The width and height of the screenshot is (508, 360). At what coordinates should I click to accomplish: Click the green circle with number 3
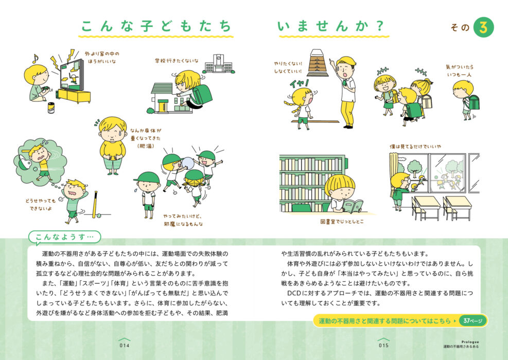tap(483, 28)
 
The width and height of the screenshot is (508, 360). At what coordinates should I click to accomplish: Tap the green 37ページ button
tap(472, 321)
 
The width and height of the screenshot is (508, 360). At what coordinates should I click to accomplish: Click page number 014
tap(125, 346)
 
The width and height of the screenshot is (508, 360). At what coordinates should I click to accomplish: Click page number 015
tap(383, 346)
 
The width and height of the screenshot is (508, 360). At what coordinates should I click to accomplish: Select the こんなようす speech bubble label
tap(64, 237)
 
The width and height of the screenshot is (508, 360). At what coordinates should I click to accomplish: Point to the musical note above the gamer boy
tap(34, 59)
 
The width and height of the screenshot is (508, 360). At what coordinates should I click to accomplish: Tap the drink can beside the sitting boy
tap(51, 108)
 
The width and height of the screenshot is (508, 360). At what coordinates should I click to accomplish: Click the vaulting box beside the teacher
tap(318, 63)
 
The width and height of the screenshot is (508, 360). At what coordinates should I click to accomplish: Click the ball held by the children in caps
tap(188, 163)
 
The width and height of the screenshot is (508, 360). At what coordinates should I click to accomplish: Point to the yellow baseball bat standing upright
tap(95, 205)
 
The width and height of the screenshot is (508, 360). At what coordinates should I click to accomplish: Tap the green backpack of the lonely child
tap(474, 102)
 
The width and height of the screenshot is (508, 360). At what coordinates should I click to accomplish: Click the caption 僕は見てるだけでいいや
tap(415, 147)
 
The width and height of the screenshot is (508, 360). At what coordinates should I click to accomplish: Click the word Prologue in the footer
tap(470, 342)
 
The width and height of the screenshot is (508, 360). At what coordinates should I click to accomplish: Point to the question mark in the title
tap(380, 26)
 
